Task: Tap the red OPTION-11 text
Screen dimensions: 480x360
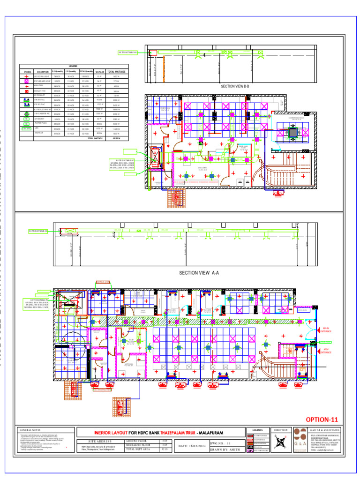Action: (x=321, y=419)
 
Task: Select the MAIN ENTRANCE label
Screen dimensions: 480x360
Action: (x=326, y=330)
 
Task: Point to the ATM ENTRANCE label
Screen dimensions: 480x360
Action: (x=326, y=350)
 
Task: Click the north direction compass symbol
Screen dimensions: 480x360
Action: (x=280, y=442)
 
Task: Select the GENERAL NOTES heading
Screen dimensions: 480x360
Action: (x=30, y=430)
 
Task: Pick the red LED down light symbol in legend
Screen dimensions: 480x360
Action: (x=27, y=76)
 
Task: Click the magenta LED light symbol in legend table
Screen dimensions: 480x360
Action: (x=27, y=82)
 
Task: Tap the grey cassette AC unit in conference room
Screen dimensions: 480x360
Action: (x=293, y=133)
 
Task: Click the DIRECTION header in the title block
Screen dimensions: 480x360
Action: (x=280, y=430)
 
